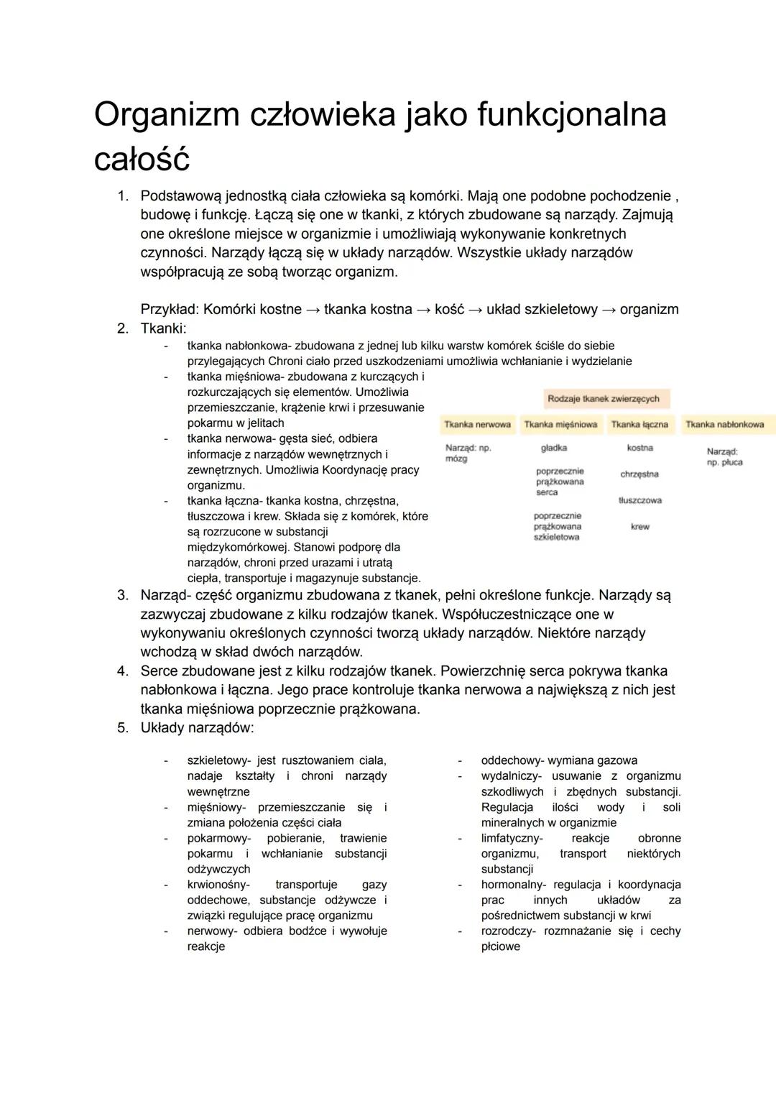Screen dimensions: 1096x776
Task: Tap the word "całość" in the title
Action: tap(142, 160)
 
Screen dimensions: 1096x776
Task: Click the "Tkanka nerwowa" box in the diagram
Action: tap(477, 425)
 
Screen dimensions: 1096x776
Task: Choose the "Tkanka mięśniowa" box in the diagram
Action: tap(560, 425)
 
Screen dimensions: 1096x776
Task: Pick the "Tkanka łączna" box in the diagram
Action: tap(639, 425)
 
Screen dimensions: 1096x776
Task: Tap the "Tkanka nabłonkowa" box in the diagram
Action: tap(725, 425)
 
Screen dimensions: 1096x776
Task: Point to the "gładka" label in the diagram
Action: tap(554, 448)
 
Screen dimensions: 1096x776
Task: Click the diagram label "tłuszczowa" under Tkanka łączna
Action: tap(639, 500)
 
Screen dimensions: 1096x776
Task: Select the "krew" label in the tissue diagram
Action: tap(639, 527)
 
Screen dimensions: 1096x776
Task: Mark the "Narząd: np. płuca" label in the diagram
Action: tap(724, 457)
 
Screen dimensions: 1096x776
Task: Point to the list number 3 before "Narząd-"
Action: tap(122, 596)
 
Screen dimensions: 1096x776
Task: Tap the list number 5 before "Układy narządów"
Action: tap(122, 728)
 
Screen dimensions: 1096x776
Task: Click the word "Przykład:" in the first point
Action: tap(170, 310)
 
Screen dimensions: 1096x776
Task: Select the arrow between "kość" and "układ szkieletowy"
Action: tap(476, 310)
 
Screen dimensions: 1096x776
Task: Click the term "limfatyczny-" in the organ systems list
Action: tap(512, 839)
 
